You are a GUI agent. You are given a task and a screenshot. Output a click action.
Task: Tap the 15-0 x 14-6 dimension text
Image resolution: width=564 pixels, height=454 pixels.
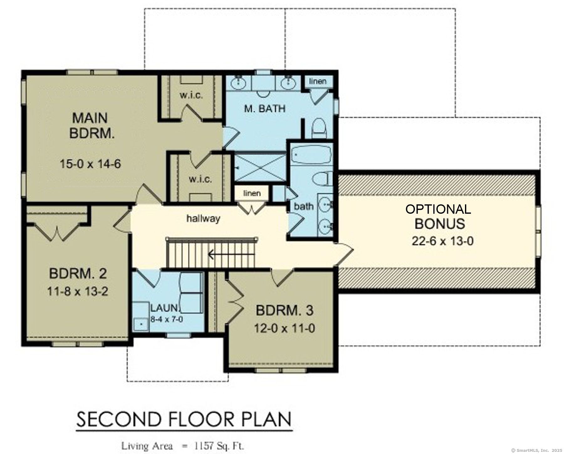tap(90, 164)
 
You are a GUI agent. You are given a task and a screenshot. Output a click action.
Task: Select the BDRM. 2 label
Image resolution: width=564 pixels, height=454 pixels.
tap(78, 274)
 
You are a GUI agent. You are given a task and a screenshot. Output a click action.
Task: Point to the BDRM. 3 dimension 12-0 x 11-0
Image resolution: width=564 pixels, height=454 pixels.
tap(284, 328)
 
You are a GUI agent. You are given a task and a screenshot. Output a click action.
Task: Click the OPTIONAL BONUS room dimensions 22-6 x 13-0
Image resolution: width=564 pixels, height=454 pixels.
tap(442, 241)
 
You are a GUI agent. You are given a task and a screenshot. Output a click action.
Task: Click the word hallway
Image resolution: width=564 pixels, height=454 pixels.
tap(203, 218)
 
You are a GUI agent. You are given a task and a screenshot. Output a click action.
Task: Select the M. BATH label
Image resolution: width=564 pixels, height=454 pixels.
tap(265, 109)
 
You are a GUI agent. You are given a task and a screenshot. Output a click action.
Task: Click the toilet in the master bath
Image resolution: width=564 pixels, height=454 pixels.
tap(319, 128)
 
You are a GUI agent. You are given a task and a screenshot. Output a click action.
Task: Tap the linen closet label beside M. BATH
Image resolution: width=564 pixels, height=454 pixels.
tap(317, 81)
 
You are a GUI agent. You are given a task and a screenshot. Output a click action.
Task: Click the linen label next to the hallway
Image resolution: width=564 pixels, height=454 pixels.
tap(252, 193)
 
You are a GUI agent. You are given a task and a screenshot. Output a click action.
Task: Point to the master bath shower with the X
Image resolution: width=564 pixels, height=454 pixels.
tap(260, 168)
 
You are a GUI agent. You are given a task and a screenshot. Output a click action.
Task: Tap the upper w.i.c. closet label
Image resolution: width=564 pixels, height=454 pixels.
tap(191, 95)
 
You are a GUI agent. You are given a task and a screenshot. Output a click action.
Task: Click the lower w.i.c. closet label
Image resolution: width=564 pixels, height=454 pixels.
tap(200, 179)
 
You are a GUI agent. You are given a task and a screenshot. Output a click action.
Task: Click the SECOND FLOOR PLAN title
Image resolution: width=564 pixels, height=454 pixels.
tap(184, 419)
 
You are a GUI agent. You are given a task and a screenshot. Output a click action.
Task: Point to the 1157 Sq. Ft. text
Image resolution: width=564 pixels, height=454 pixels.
tap(219, 446)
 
